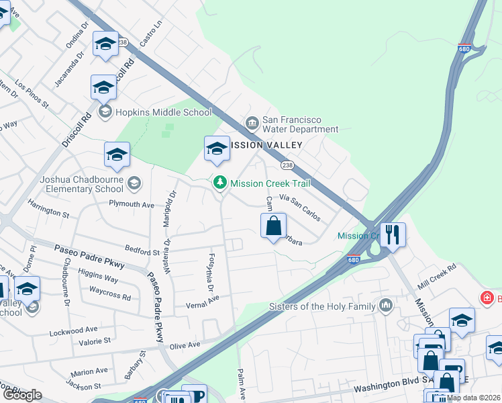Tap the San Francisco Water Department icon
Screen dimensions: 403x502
coord(252,122)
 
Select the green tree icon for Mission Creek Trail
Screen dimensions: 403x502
coord(219,182)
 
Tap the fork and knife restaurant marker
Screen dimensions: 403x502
coord(392,234)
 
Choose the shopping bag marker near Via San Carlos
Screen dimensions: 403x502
coord(274,226)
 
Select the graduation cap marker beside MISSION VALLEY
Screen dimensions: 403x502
coord(217,149)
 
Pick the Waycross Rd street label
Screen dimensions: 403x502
coord(110,295)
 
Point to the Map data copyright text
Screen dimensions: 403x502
coord(473,398)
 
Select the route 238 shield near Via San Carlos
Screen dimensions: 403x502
coord(287,165)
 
